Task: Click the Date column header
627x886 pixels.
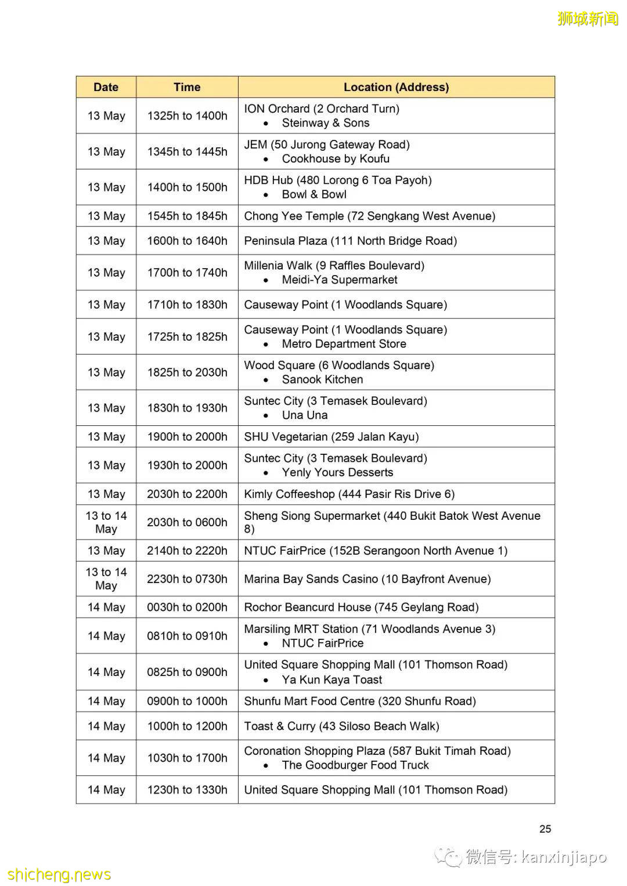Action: (x=106, y=87)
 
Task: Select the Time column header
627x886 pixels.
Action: (x=187, y=87)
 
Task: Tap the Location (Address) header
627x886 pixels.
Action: (x=396, y=87)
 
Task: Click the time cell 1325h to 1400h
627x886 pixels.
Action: (x=187, y=115)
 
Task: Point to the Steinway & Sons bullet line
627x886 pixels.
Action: (x=325, y=123)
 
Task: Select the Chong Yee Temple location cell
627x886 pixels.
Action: (x=369, y=216)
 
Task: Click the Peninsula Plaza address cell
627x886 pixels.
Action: (x=350, y=241)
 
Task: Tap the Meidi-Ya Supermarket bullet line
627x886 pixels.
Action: (x=339, y=280)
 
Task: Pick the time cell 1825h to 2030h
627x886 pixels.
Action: (x=187, y=373)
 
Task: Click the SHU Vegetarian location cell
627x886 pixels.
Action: (x=331, y=437)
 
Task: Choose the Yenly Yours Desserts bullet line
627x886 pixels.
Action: (x=337, y=472)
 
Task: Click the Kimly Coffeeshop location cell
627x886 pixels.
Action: (x=349, y=494)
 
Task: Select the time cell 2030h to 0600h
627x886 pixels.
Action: (x=187, y=522)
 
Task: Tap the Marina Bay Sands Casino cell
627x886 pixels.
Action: (x=367, y=579)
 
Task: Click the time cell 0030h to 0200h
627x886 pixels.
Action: (x=187, y=607)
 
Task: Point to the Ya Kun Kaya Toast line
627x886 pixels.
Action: (x=331, y=679)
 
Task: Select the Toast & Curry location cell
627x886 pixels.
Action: (x=341, y=726)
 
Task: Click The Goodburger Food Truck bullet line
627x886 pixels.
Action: (x=355, y=765)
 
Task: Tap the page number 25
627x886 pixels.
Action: (x=545, y=829)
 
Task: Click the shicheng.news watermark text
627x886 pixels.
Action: (x=59, y=874)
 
